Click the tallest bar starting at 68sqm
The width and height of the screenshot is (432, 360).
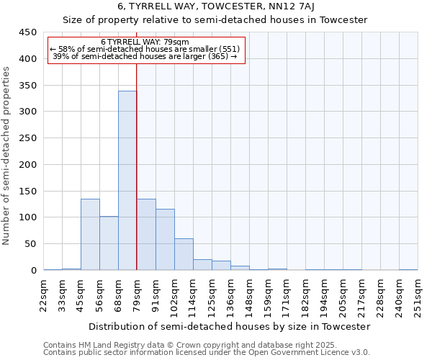pyautogui.click(x=127, y=180)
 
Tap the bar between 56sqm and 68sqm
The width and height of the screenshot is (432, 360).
pyautogui.click(x=109, y=243)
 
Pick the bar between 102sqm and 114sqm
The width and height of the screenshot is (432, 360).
pyautogui.click(x=184, y=254)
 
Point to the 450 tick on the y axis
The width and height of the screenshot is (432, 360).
pyautogui.click(x=28, y=32)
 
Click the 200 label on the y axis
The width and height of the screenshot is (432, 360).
pyautogui.click(x=28, y=165)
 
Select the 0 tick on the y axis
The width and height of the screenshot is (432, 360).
pyautogui.click(x=34, y=271)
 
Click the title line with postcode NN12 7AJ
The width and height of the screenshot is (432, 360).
pyautogui.click(x=216, y=7)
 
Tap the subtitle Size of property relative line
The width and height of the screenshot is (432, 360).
pyautogui.click(x=216, y=20)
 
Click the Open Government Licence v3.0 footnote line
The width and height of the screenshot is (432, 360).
pyautogui.click(x=206, y=352)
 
